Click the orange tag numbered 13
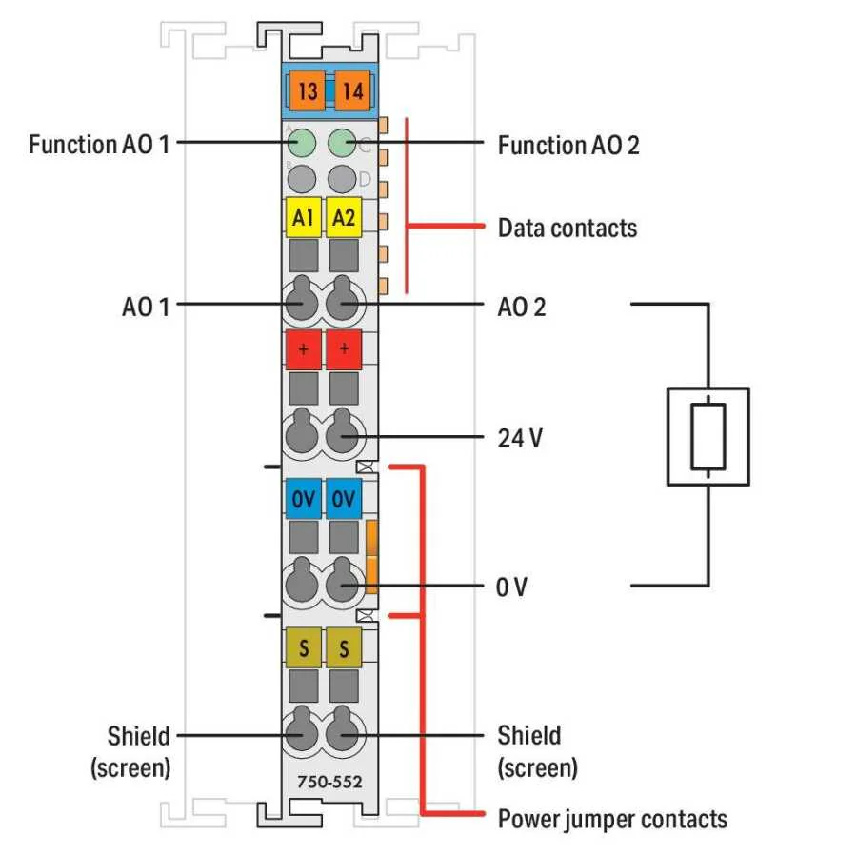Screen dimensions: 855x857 (x=307, y=91)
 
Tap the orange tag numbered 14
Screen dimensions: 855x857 (x=348, y=91)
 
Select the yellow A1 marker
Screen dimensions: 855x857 (x=304, y=217)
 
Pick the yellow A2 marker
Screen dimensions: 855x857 (x=344, y=217)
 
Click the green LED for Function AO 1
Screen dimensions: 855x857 (x=303, y=144)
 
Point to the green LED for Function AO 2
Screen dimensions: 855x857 (x=341, y=144)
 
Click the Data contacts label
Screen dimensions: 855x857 (x=568, y=228)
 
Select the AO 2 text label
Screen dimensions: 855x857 (x=522, y=307)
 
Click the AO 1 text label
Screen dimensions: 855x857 (x=146, y=307)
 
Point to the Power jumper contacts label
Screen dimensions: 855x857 (x=612, y=819)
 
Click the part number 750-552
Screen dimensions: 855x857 (x=323, y=783)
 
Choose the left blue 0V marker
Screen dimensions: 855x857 (x=304, y=499)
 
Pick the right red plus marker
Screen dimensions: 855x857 (x=344, y=349)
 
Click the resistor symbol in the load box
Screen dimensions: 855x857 (x=708, y=437)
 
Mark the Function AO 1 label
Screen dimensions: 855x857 (x=99, y=145)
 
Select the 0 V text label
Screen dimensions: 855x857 (x=511, y=587)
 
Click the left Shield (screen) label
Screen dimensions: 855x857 (x=133, y=750)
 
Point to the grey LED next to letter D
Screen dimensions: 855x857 (x=341, y=178)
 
